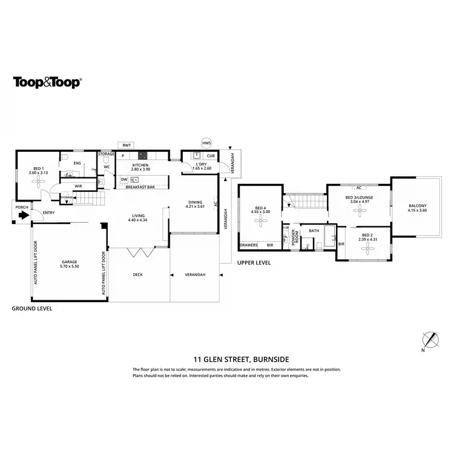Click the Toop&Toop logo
(47, 83)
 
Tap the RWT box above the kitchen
(127, 145)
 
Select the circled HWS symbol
(206, 143)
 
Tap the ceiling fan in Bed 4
(261, 222)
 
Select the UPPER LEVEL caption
(254, 263)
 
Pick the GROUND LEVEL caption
(32, 308)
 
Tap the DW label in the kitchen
(123, 179)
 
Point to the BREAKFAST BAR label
(140, 187)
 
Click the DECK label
(137, 275)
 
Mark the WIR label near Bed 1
(79, 186)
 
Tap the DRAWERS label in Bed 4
(249, 245)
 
